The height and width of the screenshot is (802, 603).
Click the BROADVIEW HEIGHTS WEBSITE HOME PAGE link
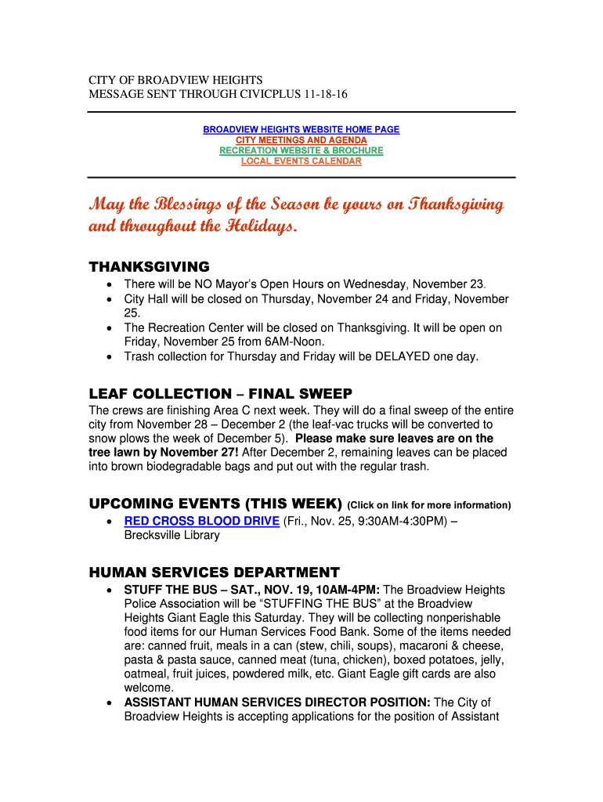[301, 129]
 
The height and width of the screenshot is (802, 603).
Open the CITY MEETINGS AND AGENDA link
[301, 140]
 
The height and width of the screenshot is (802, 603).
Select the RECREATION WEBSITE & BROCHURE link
[301, 150]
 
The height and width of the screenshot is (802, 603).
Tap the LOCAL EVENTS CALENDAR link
[301, 161]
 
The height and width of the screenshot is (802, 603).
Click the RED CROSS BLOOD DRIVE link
[201, 522]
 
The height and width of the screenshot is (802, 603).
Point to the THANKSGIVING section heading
[150, 266]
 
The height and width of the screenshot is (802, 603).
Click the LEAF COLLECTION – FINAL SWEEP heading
[221, 393]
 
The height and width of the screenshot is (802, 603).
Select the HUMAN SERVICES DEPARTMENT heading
[215, 573]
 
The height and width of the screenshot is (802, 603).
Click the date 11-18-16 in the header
[326, 95]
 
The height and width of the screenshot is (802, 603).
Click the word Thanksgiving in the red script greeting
[454, 205]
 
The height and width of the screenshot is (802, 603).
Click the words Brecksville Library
[172, 536]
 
